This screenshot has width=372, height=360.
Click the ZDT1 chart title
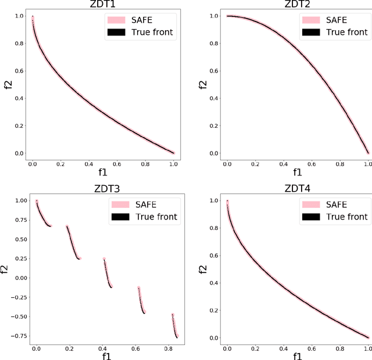[103, 5]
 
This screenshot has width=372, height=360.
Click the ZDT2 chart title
[297, 5]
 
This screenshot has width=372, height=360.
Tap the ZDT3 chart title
[103, 189]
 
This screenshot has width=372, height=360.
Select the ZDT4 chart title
[297, 189]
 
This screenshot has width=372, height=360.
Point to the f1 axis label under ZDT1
[103, 172]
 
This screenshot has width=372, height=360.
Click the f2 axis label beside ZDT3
[6, 269]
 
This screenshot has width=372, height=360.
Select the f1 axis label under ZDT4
[297, 356]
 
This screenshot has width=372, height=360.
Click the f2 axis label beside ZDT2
[202, 85]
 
